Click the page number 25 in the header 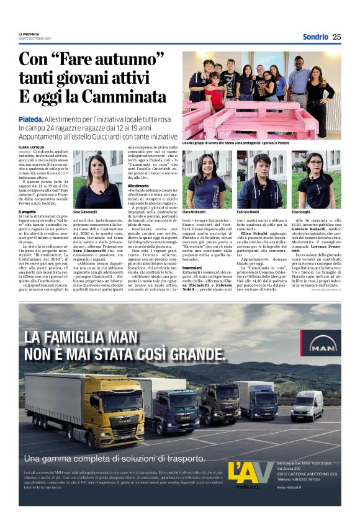tap(336, 37)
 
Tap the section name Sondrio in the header tap(315, 37)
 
